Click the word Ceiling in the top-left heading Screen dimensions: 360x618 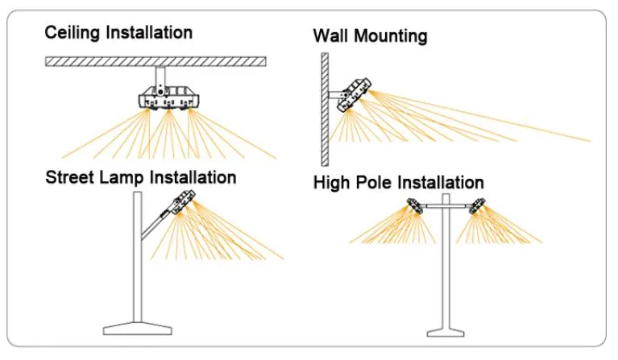(71, 33)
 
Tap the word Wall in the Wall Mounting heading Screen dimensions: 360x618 (330, 36)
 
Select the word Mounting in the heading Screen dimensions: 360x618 (388, 37)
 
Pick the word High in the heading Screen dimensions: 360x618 (331, 183)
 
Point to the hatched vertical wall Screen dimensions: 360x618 (323, 97)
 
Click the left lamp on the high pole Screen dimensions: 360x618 (414, 208)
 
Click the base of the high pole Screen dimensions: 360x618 (445, 330)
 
